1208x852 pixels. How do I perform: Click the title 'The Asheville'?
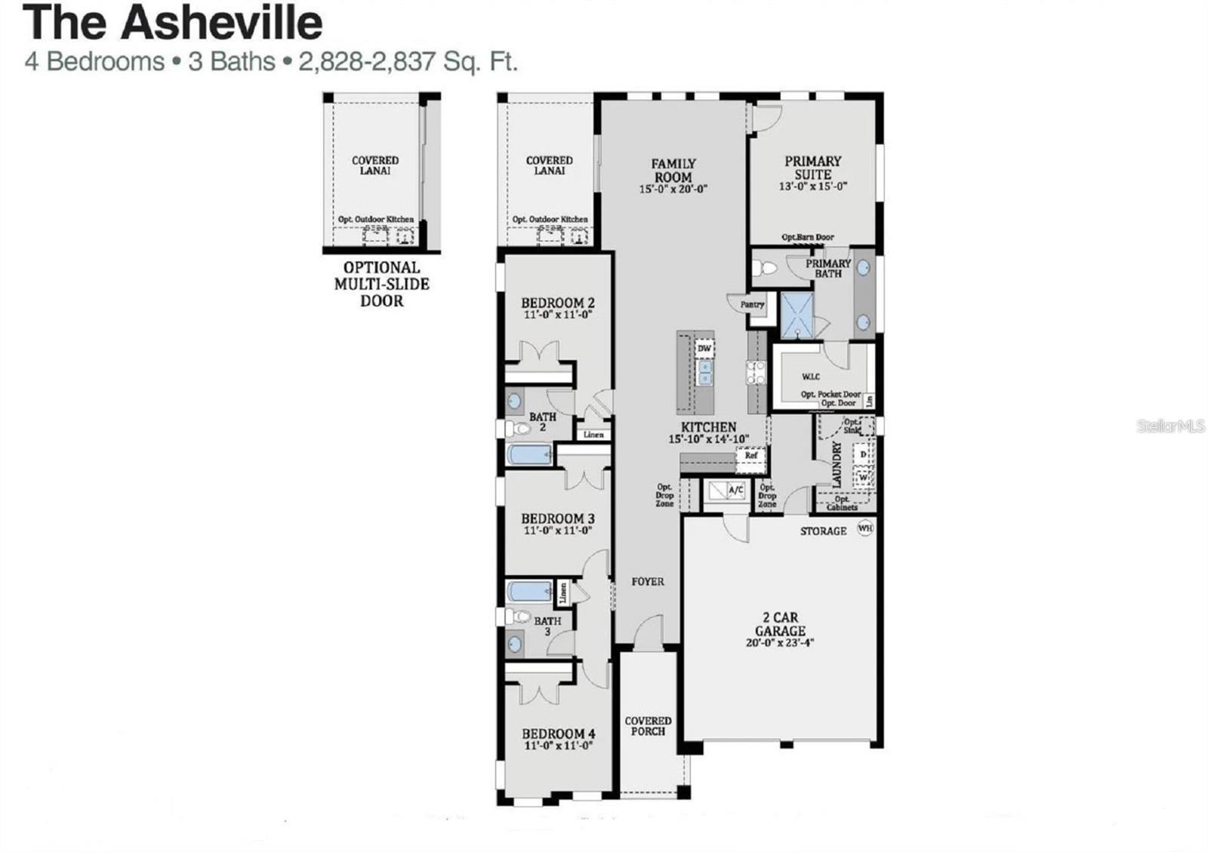(x=174, y=23)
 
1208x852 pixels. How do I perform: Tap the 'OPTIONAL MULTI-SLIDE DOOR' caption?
(x=381, y=284)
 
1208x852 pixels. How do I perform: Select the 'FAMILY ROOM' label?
(x=673, y=171)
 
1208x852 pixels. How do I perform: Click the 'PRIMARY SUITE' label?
(x=812, y=168)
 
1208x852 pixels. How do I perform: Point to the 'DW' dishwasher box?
(x=704, y=348)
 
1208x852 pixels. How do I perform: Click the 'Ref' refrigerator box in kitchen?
(x=751, y=456)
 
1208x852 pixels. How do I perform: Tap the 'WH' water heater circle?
(x=864, y=528)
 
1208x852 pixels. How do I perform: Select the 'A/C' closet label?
(x=736, y=491)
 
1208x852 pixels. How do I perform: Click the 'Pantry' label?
(x=752, y=304)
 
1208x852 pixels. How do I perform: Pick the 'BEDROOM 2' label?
(x=557, y=303)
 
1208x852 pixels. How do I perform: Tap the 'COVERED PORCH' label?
(x=648, y=726)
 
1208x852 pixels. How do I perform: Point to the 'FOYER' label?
(x=648, y=582)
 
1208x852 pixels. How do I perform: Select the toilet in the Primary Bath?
(x=765, y=268)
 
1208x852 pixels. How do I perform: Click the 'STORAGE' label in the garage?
(x=823, y=531)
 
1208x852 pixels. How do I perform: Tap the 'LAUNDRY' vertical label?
(x=837, y=464)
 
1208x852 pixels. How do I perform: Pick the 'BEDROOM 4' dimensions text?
(x=558, y=746)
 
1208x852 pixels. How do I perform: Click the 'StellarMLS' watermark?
(x=1171, y=426)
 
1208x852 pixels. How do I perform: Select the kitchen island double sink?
(x=704, y=373)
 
